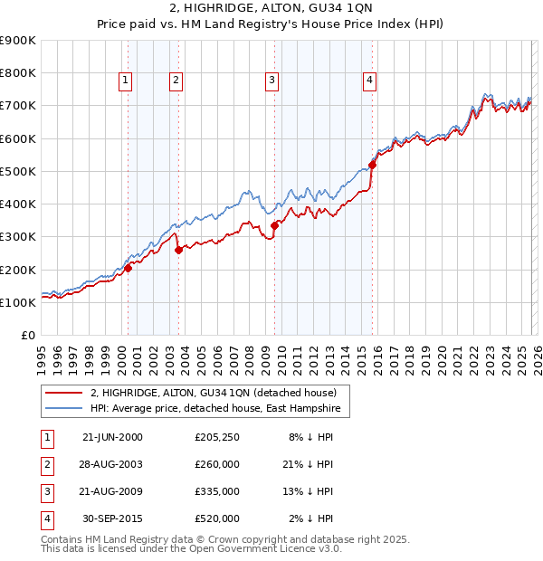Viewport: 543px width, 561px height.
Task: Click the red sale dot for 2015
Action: click(372, 165)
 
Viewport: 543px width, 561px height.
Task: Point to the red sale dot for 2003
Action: click(178, 250)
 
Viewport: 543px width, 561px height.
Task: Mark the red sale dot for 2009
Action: click(274, 225)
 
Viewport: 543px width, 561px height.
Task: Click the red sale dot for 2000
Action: click(128, 268)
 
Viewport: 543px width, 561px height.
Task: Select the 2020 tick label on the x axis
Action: click(442, 356)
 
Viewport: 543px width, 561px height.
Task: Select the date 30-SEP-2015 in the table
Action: click(113, 518)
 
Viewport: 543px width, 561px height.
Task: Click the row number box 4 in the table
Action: click(46, 518)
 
